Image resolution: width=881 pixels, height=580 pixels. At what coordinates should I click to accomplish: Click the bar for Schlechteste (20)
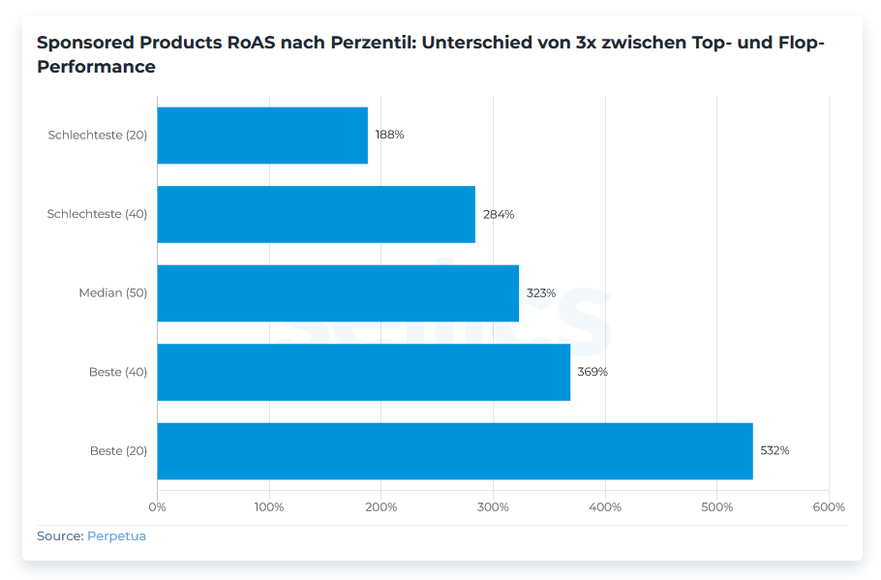[x=262, y=135]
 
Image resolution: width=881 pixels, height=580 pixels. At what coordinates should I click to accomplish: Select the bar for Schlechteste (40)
[x=316, y=214]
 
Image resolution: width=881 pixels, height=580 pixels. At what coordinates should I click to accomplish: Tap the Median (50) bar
[x=338, y=292]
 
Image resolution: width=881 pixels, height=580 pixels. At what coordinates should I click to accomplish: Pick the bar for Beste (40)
[x=363, y=372]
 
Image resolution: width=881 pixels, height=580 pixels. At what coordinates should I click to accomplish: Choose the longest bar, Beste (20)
[x=454, y=450]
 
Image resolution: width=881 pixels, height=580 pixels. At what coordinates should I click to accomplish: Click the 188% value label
[x=389, y=135]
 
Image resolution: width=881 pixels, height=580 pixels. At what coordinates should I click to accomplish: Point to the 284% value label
[x=499, y=214]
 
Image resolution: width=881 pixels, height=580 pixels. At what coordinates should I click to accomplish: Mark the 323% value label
[x=540, y=292]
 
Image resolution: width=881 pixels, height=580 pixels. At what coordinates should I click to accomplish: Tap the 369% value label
[x=592, y=372]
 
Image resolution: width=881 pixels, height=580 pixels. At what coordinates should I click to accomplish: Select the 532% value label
[x=775, y=450]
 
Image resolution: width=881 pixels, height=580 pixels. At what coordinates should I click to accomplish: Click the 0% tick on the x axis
[x=157, y=506]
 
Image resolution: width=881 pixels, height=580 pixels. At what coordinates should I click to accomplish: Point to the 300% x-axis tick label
[x=493, y=506]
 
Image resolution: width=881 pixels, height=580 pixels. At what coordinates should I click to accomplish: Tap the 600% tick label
[x=829, y=506]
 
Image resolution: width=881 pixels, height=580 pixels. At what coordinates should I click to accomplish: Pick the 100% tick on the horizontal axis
[x=269, y=506]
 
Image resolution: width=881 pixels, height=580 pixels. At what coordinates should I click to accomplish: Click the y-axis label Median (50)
[x=112, y=292]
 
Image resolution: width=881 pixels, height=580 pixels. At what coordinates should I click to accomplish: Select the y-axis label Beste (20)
[x=118, y=450]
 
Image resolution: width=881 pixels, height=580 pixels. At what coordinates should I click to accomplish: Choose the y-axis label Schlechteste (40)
[x=97, y=214]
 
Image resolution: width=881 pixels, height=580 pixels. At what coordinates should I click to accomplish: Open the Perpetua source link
[x=116, y=535]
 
